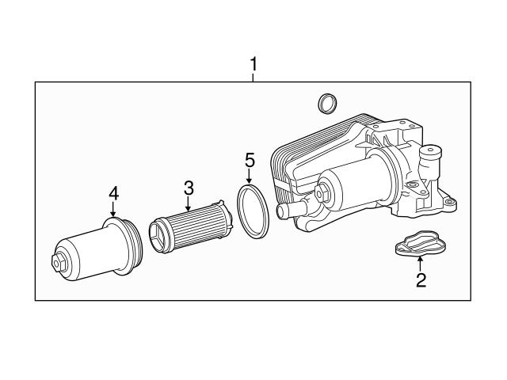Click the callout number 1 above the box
pos(253,64)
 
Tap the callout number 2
pos(421,279)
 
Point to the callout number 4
pos(113,192)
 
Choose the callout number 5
pos(250,160)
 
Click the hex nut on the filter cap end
pos(59,262)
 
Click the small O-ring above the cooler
pos(325,103)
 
